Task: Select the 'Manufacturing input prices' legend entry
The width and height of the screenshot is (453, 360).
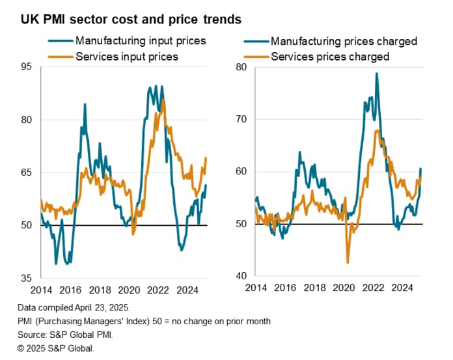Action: click(141, 40)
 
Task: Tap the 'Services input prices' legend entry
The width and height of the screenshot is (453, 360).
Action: click(126, 57)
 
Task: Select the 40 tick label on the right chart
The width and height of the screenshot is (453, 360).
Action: click(240, 276)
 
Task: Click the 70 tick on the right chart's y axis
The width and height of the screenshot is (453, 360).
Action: click(240, 119)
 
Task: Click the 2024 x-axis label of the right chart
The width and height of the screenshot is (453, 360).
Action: click(404, 287)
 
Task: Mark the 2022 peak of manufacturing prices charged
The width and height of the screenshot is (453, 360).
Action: click(376, 73)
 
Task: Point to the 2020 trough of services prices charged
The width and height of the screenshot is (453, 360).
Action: click(348, 262)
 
